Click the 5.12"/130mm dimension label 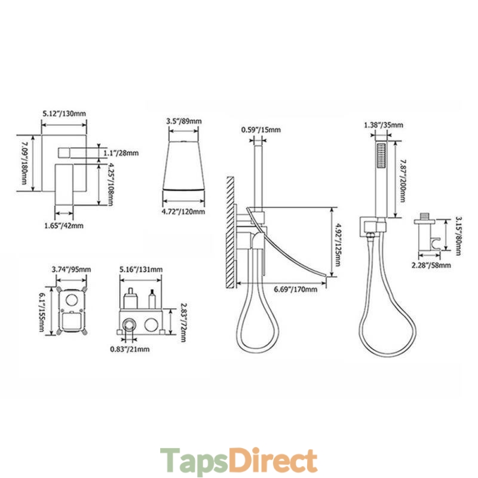point(64,114)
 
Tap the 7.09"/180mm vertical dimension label point(24,163)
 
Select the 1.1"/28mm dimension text point(121,153)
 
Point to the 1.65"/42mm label point(64,226)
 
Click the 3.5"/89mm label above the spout point(184,121)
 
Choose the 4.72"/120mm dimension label point(183,212)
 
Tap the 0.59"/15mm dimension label point(261,130)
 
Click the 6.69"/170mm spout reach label point(295,289)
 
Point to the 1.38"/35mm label point(384,125)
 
